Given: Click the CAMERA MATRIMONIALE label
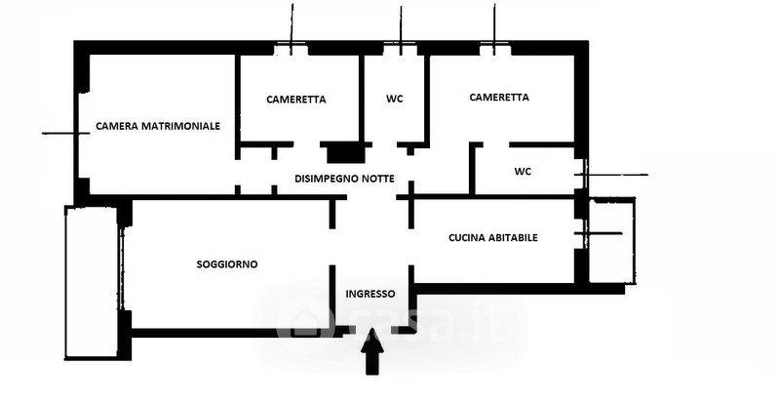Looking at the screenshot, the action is click(x=158, y=126).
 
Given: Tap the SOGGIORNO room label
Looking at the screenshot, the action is click(x=227, y=263).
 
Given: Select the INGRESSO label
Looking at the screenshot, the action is click(x=370, y=294).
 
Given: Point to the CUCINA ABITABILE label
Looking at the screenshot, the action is click(x=493, y=237).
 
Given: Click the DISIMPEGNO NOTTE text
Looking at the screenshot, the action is click(x=344, y=179).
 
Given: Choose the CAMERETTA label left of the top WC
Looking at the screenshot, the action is click(x=296, y=100).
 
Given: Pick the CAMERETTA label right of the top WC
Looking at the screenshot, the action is click(x=498, y=98).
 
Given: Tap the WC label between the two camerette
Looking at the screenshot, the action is click(x=395, y=100).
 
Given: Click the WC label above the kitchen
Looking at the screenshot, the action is click(x=523, y=172).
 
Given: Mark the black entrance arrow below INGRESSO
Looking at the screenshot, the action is click(x=372, y=351).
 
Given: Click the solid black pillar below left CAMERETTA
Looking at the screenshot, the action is click(x=343, y=152).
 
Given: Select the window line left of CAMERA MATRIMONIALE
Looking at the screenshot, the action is click(x=57, y=133).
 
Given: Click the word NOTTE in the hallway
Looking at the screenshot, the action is click(x=376, y=179).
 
